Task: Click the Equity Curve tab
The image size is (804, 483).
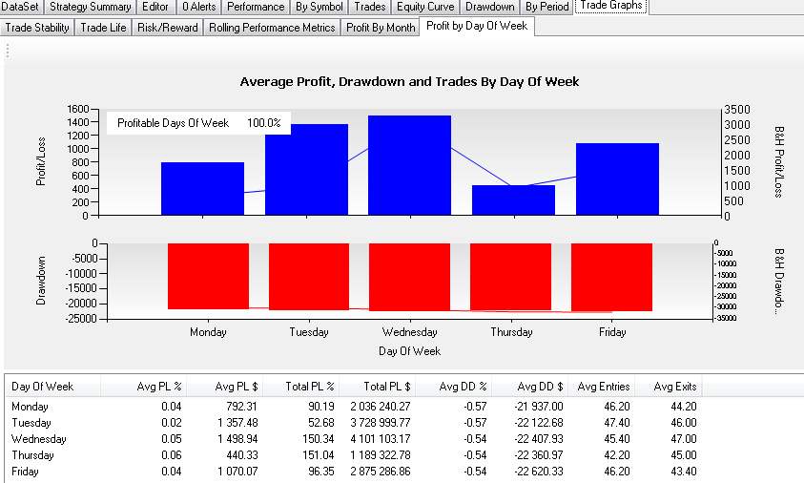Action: (x=425, y=7)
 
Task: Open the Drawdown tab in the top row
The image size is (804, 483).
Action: (x=490, y=7)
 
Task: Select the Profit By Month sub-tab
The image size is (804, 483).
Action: (x=381, y=28)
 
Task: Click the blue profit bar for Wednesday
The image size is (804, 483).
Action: (x=409, y=165)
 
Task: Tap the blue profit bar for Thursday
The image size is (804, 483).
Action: (x=513, y=199)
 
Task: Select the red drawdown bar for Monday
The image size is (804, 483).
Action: (x=208, y=276)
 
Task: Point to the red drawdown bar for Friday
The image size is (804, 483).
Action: (x=611, y=277)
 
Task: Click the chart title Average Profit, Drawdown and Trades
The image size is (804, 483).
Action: (x=409, y=82)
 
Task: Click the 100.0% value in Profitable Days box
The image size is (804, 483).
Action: (x=264, y=123)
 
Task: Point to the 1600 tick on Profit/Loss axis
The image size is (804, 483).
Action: (x=77, y=109)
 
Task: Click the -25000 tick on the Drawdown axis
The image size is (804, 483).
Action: (x=77, y=319)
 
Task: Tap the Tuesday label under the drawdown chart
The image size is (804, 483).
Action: (x=309, y=332)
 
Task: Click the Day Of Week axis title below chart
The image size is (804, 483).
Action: (x=409, y=351)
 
